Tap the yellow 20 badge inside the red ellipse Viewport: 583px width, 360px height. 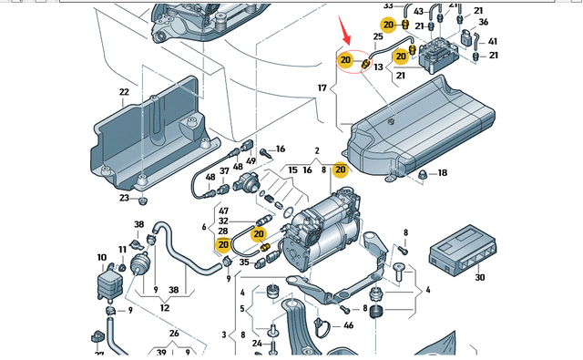click(345, 61)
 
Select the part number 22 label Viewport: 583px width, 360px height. click(124, 93)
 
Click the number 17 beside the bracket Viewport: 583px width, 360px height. click(321, 88)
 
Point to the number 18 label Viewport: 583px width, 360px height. click(443, 173)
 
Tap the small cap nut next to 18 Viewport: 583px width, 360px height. click(422, 173)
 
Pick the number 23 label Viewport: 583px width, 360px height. click(124, 199)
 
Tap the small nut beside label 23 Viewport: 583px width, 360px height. click(143, 198)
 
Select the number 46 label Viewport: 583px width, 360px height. click(349, 325)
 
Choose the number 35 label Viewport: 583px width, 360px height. click(244, 262)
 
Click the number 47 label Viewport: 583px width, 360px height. click(224, 210)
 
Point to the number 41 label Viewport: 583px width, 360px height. click(493, 42)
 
